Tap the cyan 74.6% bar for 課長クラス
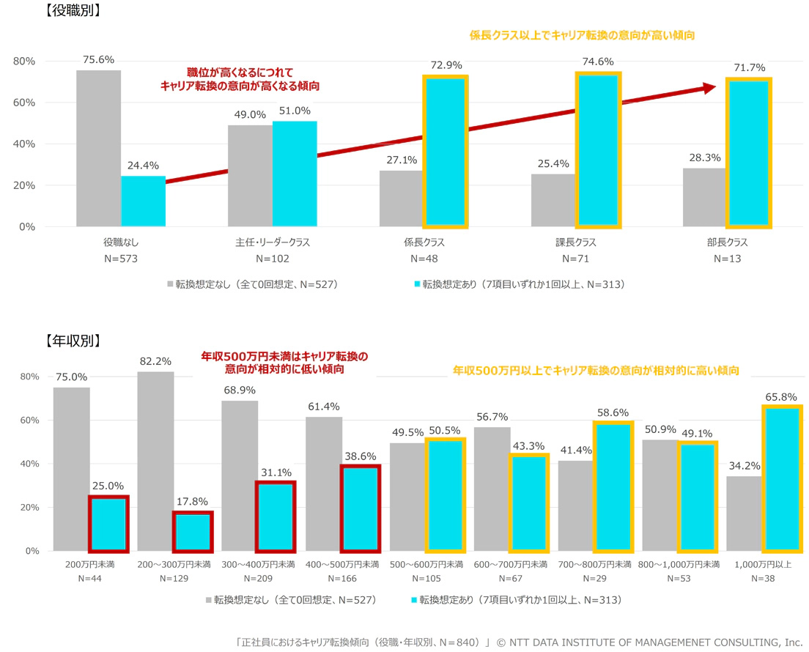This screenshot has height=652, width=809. (598, 149)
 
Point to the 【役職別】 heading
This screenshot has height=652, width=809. (72, 10)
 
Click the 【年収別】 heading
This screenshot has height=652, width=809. (72, 340)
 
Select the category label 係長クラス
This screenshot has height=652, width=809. (424, 242)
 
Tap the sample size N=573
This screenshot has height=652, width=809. (121, 259)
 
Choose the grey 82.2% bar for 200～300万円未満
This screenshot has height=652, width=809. (155, 462)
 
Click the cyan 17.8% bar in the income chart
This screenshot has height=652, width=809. (193, 531)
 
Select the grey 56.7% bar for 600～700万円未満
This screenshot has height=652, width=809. (492, 489)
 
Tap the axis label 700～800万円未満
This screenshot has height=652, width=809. (595, 565)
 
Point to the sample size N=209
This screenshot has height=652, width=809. (259, 578)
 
